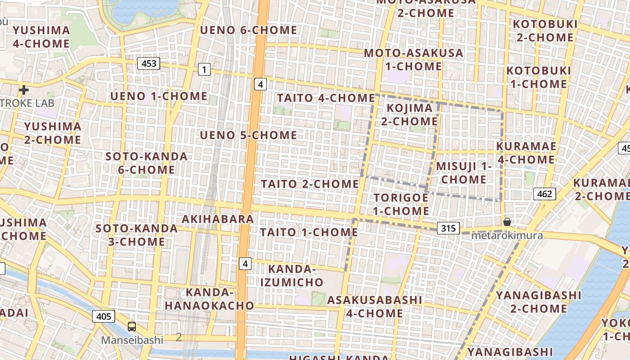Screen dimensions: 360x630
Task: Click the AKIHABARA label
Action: tap(218, 219)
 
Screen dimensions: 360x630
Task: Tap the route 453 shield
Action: tap(148, 63)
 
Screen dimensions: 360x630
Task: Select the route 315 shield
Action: tap(448, 228)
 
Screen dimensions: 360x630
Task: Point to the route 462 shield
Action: tap(544, 194)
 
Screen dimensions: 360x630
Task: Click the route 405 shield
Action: tap(103, 316)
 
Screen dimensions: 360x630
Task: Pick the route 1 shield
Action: tap(204, 69)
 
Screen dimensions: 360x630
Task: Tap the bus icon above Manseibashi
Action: tap(131, 327)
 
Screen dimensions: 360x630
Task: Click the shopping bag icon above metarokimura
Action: tap(507, 222)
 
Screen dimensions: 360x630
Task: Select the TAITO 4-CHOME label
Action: tap(326, 98)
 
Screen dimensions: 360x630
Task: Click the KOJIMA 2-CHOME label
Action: tap(409, 115)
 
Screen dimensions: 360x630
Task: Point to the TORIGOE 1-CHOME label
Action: tap(401, 204)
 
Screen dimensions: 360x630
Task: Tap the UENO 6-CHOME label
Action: tap(248, 30)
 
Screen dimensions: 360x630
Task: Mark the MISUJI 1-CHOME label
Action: tap(463, 173)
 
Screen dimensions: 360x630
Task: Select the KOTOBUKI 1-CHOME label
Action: tap(538, 77)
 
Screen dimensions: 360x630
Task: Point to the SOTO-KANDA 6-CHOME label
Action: tap(140, 163)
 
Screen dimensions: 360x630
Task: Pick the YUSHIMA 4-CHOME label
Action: tap(41, 37)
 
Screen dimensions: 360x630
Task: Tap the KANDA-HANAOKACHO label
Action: tap(209, 299)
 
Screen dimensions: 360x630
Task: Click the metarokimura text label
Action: tap(507, 235)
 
